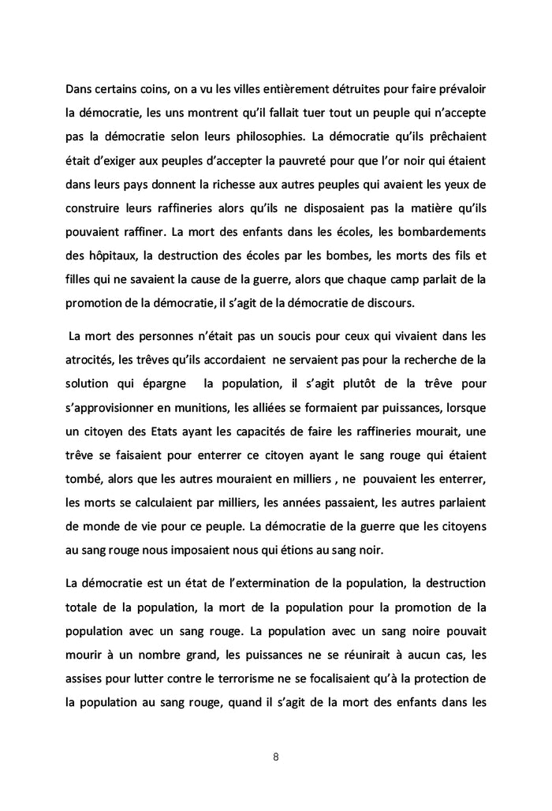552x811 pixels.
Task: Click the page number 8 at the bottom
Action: (x=275, y=757)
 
